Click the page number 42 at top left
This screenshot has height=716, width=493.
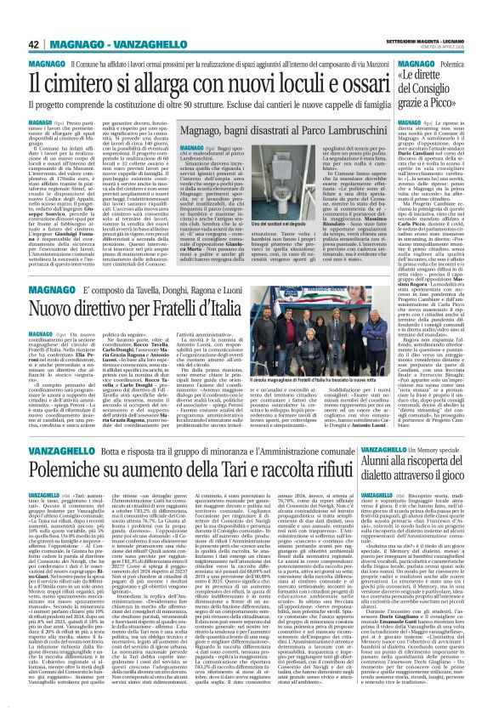(x=12, y=20)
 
